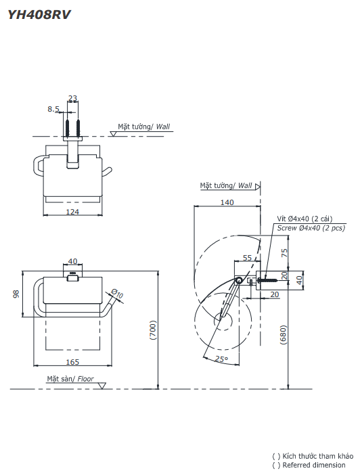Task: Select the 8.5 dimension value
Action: [x=53, y=108]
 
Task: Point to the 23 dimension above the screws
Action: [x=72, y=98]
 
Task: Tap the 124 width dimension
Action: [x=72, y=212]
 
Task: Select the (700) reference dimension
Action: [x=153, y=330]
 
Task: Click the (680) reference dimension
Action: [x=284, y=335]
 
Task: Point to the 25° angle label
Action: [x=221, y=359]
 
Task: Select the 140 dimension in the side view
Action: [x=226, y=202]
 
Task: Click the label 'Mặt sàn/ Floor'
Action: [x=70, y=379]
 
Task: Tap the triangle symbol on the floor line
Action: [x=102, y=386]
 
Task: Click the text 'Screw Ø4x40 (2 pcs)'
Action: [x=311, y=228]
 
